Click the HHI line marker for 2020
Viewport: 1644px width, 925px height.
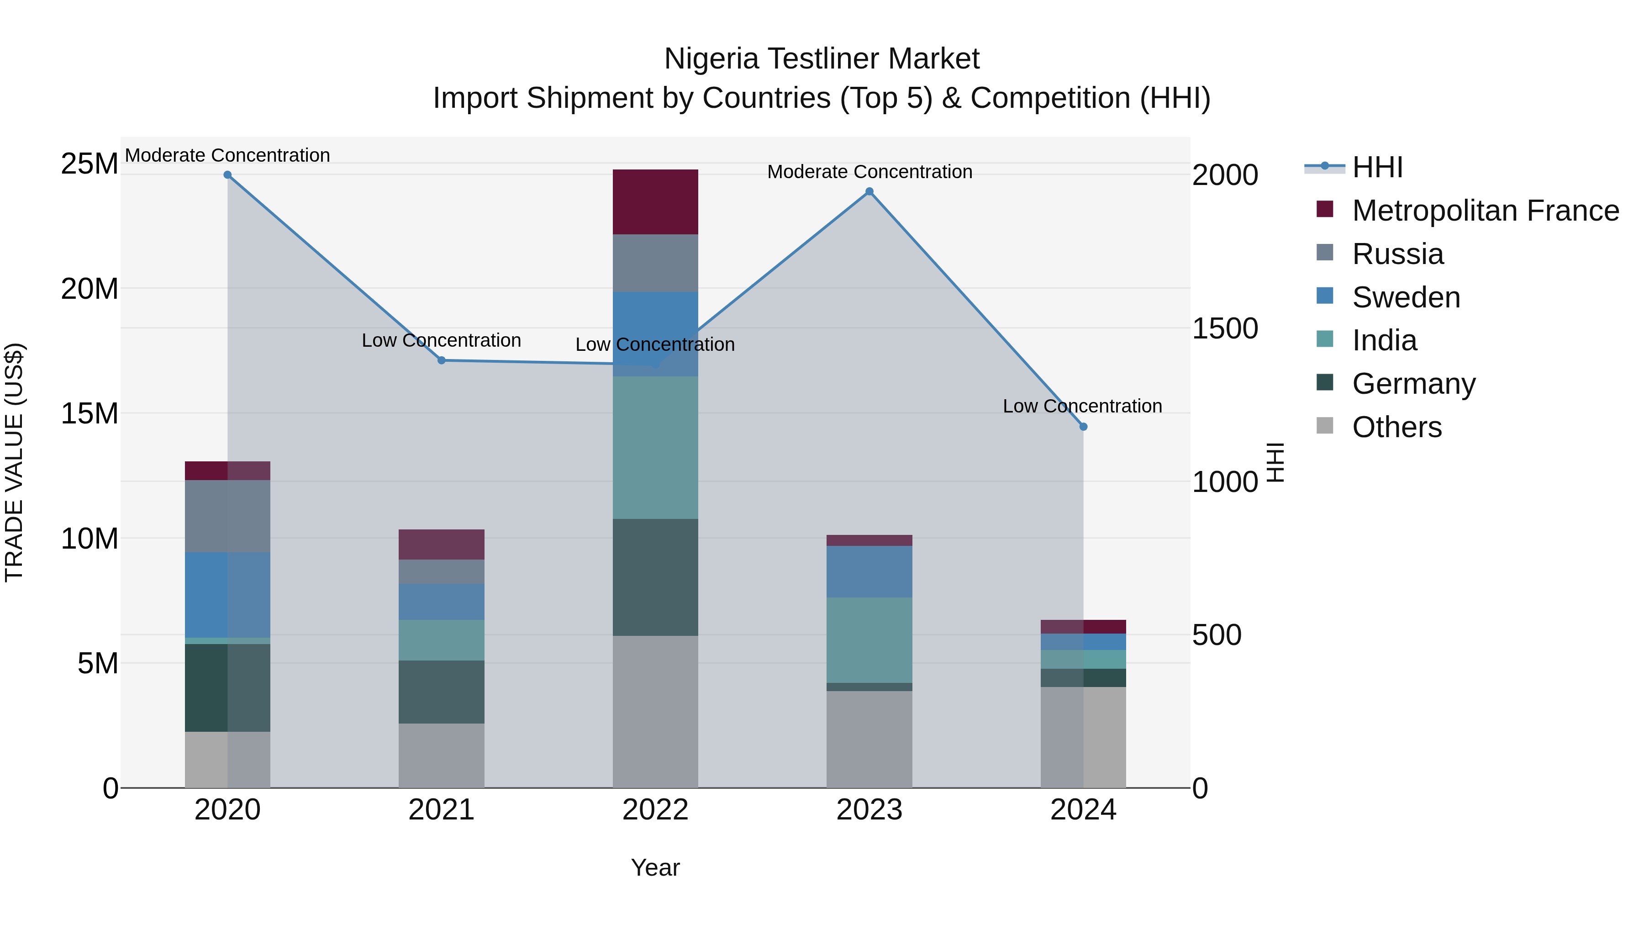click(227, 175)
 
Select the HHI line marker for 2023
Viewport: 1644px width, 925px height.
click(869, 191)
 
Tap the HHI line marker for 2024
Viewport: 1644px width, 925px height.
click(1083, 427)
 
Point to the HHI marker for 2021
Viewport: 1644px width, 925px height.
click(441, 361)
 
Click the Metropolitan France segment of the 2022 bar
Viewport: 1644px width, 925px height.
click(655, 202)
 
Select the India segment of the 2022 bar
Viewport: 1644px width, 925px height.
click(655, 447)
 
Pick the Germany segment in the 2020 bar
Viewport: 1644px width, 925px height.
click(227, 687)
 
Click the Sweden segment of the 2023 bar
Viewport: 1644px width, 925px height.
click(869, 571)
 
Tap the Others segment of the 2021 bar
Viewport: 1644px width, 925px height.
click(441, 755)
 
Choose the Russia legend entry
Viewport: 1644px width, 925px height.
click(1398, 254)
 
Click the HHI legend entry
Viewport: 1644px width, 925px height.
click(1377, 167)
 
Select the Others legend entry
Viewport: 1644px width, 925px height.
click(1396, 427)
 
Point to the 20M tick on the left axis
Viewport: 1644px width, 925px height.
click(90, 289)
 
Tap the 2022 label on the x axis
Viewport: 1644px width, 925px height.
click(655, 810)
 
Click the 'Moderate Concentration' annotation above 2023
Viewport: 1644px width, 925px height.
click(869, 172)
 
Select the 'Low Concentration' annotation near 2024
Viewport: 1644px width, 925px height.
click(1082, 406)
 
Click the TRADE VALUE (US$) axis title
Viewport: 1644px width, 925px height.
click(14, 462)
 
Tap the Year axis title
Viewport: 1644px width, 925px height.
click(655, 867)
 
